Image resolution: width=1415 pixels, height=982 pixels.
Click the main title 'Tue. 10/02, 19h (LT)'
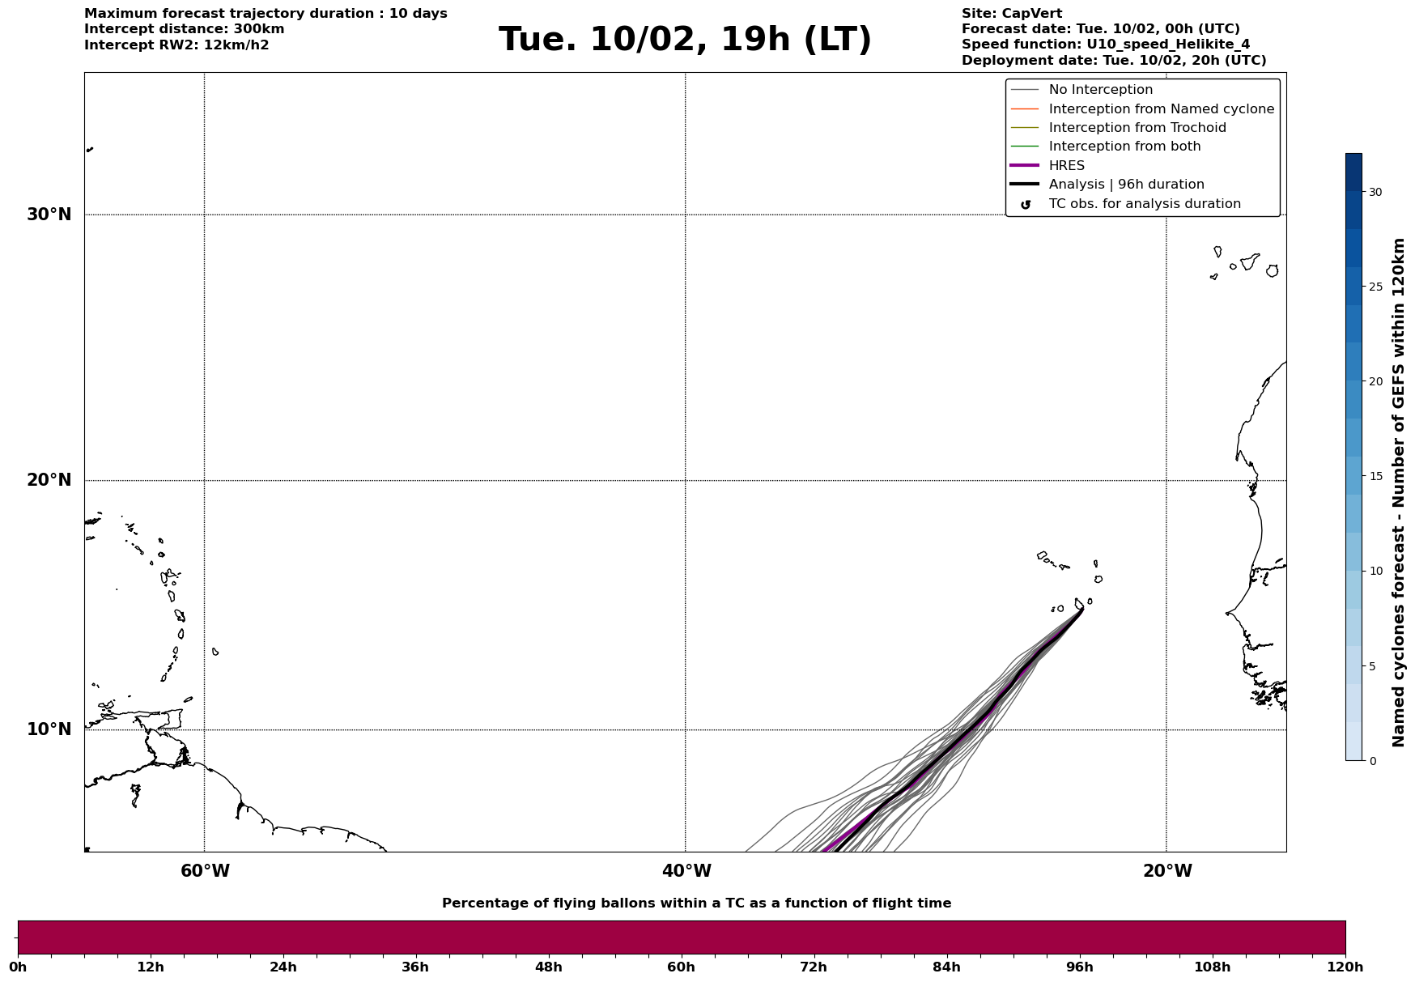pyautogui.click(x=685, y=40)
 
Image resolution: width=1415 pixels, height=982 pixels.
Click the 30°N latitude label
pyautogui.click(x=49, y=215)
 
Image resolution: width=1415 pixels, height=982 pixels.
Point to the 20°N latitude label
pyautogui.click(x=49, y=480)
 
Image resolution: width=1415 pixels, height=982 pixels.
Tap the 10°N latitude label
pyautogui.click(x=49, y=729)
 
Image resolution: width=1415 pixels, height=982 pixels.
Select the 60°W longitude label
pyautogui.click(x=205, y=871)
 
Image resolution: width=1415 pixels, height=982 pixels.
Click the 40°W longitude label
pyautogui.click(x=686, y=871)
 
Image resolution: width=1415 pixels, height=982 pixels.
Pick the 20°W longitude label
pyautogui.click(x=1167, y=871)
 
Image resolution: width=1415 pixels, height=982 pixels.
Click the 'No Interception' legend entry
pyautogui.click(x=1100, y=90)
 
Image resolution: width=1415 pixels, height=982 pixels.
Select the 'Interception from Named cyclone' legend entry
pyautogui.click(x=1161, y=109)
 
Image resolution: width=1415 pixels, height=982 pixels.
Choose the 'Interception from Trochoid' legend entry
pyautogui.click(x=1137, y=128)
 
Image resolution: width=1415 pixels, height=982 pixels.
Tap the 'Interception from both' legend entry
pyautogui.click(x=1124, y=147)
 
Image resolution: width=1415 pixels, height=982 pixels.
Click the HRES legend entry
pyautogui.click(x=1066, y=166)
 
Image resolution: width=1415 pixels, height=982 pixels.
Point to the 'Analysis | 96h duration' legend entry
pyautogui.click(x=1126, y=185)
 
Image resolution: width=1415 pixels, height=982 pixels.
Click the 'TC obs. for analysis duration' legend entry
pyautogui.click(x=1144, y=204)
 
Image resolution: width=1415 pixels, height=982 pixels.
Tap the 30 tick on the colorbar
pyautogui.click(x=1375, y=192)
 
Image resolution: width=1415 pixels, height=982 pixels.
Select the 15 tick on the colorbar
pyautogui.click(x=1375, y=476)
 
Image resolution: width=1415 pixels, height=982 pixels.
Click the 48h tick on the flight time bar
pyautogui.click(x=548, y=967)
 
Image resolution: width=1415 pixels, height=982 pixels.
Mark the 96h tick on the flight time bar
pyautogui.click(x=1079, y=967)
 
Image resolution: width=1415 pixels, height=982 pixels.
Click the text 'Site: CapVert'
pyautogui.click(x=1011, y=14)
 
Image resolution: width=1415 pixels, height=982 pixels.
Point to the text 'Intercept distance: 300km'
pyautogui.click(x=184, y=29)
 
